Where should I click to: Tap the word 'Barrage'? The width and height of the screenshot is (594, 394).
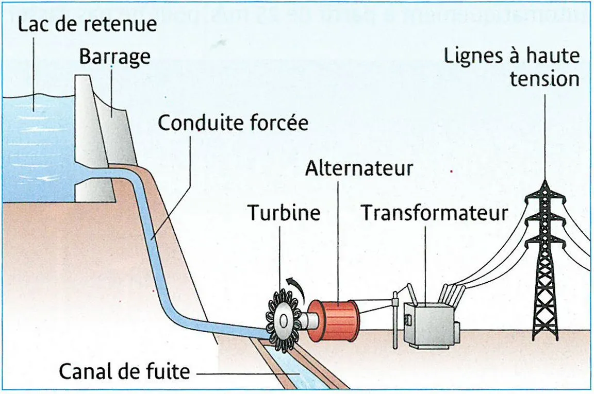pyautogui.click(x=114, y=57)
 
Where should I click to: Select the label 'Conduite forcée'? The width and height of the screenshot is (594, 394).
pyautogui.click(x=233, y=124)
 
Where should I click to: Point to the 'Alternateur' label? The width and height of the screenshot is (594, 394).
pyautogui.click(x=359, y=168)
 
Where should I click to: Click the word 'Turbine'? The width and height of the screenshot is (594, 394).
pyautogui.click(x=284, y=213)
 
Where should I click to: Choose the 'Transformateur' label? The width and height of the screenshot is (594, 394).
pyautogui.click(x=434, y=213)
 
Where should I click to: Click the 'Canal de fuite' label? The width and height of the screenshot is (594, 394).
pyautogui.click(x=124, y=371)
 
